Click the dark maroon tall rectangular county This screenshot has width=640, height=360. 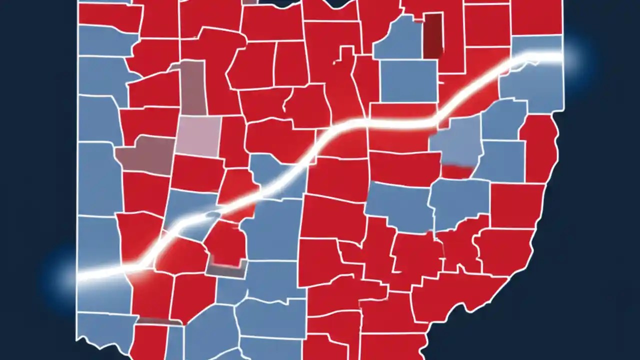point(432,35)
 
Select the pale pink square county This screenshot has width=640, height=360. point(198,135)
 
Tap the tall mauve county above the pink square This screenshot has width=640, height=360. point(193,87)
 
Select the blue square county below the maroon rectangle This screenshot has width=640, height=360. point(408,80)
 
